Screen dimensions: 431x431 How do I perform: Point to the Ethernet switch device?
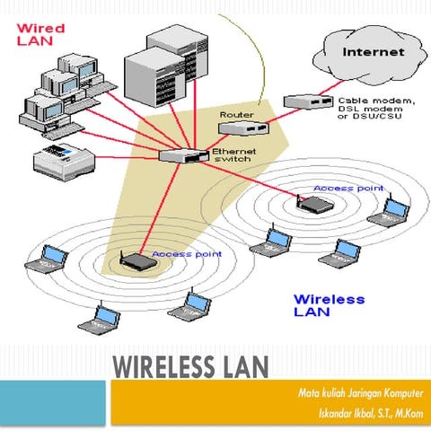pyautogui.click(x=183, y=154)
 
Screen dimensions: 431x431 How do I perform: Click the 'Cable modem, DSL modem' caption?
pyautogui.click(x=376, y=107)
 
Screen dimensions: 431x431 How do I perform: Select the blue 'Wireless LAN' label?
pyautogui.click(x=329, y=304)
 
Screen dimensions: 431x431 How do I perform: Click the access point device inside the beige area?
pyautogui.click(x=136, y=262)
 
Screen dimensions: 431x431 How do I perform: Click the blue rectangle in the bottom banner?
pyautogui.click(x=54, y=404)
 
